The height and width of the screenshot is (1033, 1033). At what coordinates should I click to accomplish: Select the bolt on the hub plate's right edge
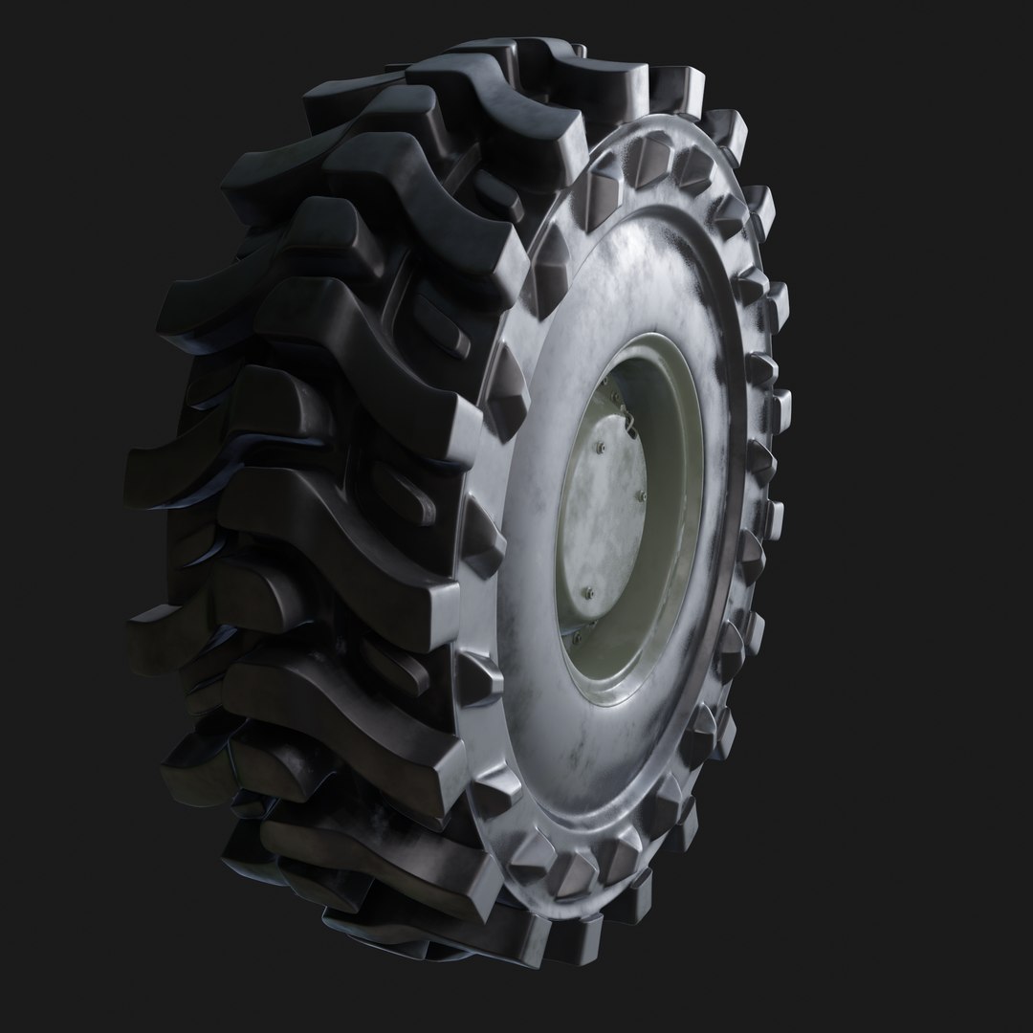[x=642, y=495]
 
